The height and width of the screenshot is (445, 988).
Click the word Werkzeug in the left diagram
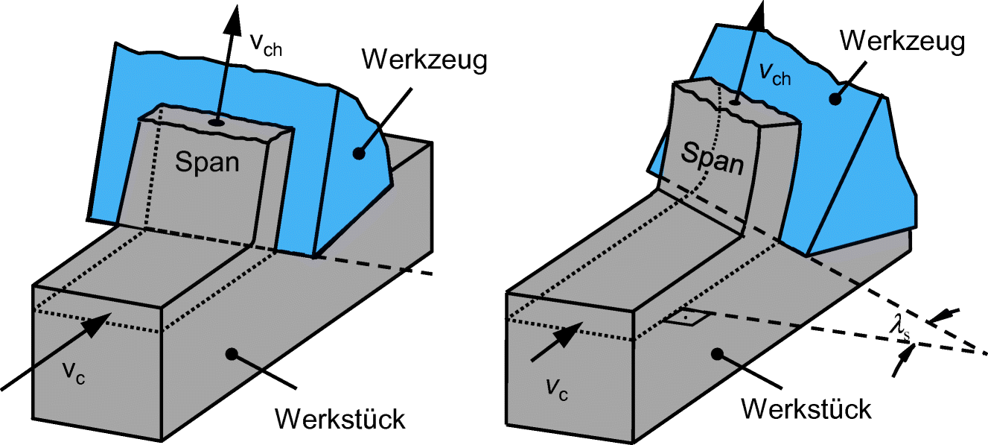425,60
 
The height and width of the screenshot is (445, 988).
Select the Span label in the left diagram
207,162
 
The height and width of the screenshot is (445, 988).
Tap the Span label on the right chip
713,159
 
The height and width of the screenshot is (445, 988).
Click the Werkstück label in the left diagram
340,418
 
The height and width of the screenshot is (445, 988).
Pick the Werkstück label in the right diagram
807,408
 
